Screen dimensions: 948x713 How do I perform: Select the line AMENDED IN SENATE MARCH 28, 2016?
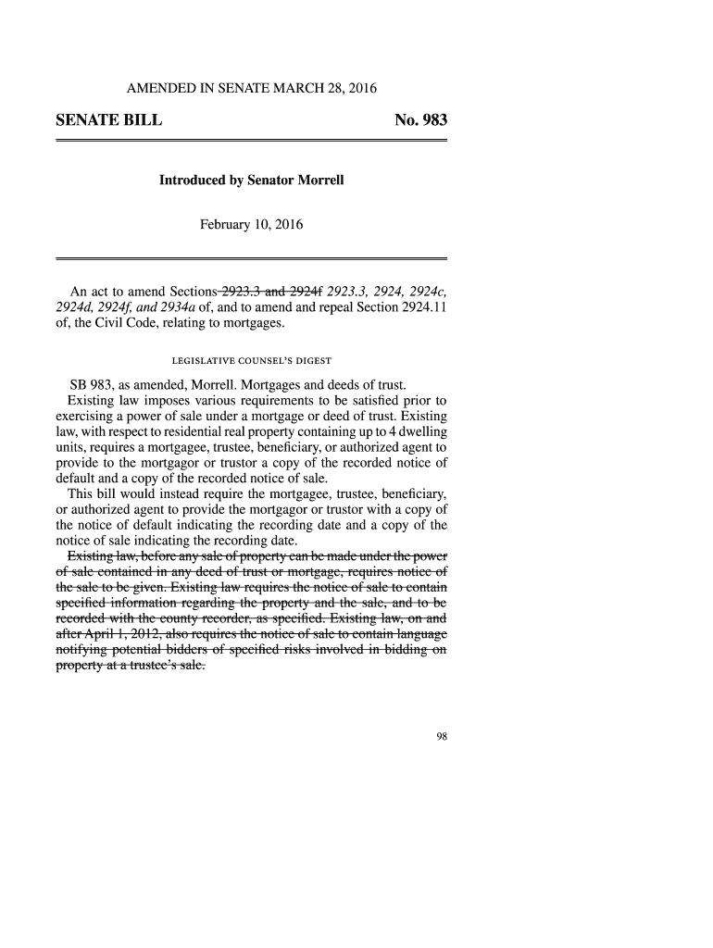pyautogui.click(x=252, y=89)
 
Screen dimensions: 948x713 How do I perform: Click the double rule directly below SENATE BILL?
pyautogui.click(x=252, y=140)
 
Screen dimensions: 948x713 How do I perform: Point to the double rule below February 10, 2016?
pyautogui.click(x=252, y=257)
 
